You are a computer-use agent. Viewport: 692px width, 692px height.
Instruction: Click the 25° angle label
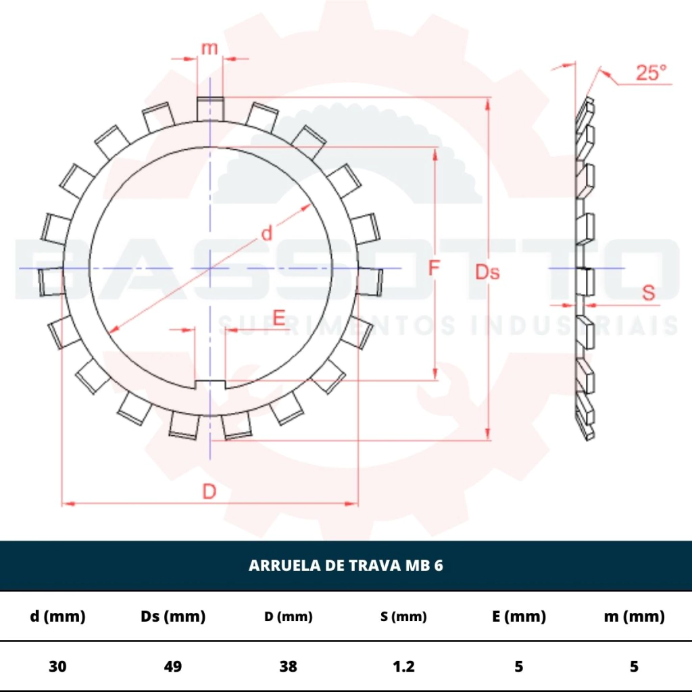[x=651, y=72]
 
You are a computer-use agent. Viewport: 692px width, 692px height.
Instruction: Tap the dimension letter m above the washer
[x=209, y=48]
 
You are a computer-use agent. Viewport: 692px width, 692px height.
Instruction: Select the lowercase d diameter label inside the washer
[x=266, y=232]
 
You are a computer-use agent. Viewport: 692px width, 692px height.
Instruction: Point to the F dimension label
[x=435, y=268]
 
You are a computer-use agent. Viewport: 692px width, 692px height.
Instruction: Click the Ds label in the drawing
[x=487, y=272]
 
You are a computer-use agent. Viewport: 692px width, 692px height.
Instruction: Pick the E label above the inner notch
[x=279, y=318]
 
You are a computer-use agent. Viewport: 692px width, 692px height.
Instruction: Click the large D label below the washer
[x=209, y=491]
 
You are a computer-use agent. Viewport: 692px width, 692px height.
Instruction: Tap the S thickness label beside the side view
[x=648, y=293]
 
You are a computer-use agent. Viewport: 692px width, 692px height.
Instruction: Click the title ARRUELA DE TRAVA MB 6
[x=345, y=566]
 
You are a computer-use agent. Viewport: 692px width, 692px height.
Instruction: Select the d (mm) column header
[x=57, y=616]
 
